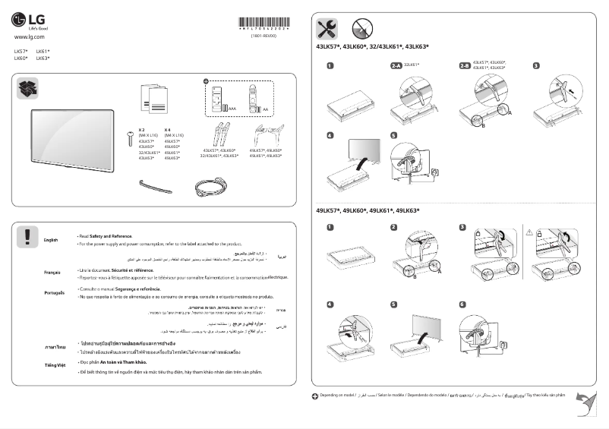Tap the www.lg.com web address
[x=30, y=36]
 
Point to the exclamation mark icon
[x=27, y=237]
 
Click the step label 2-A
[x=396, y=66]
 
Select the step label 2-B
[x=464, y=66]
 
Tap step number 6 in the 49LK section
[x=462, y=304]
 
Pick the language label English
[x=51, y=240]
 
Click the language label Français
[x=52, y=272]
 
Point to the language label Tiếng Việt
[x=54, y=365]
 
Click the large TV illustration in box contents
[x=71, y=135]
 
